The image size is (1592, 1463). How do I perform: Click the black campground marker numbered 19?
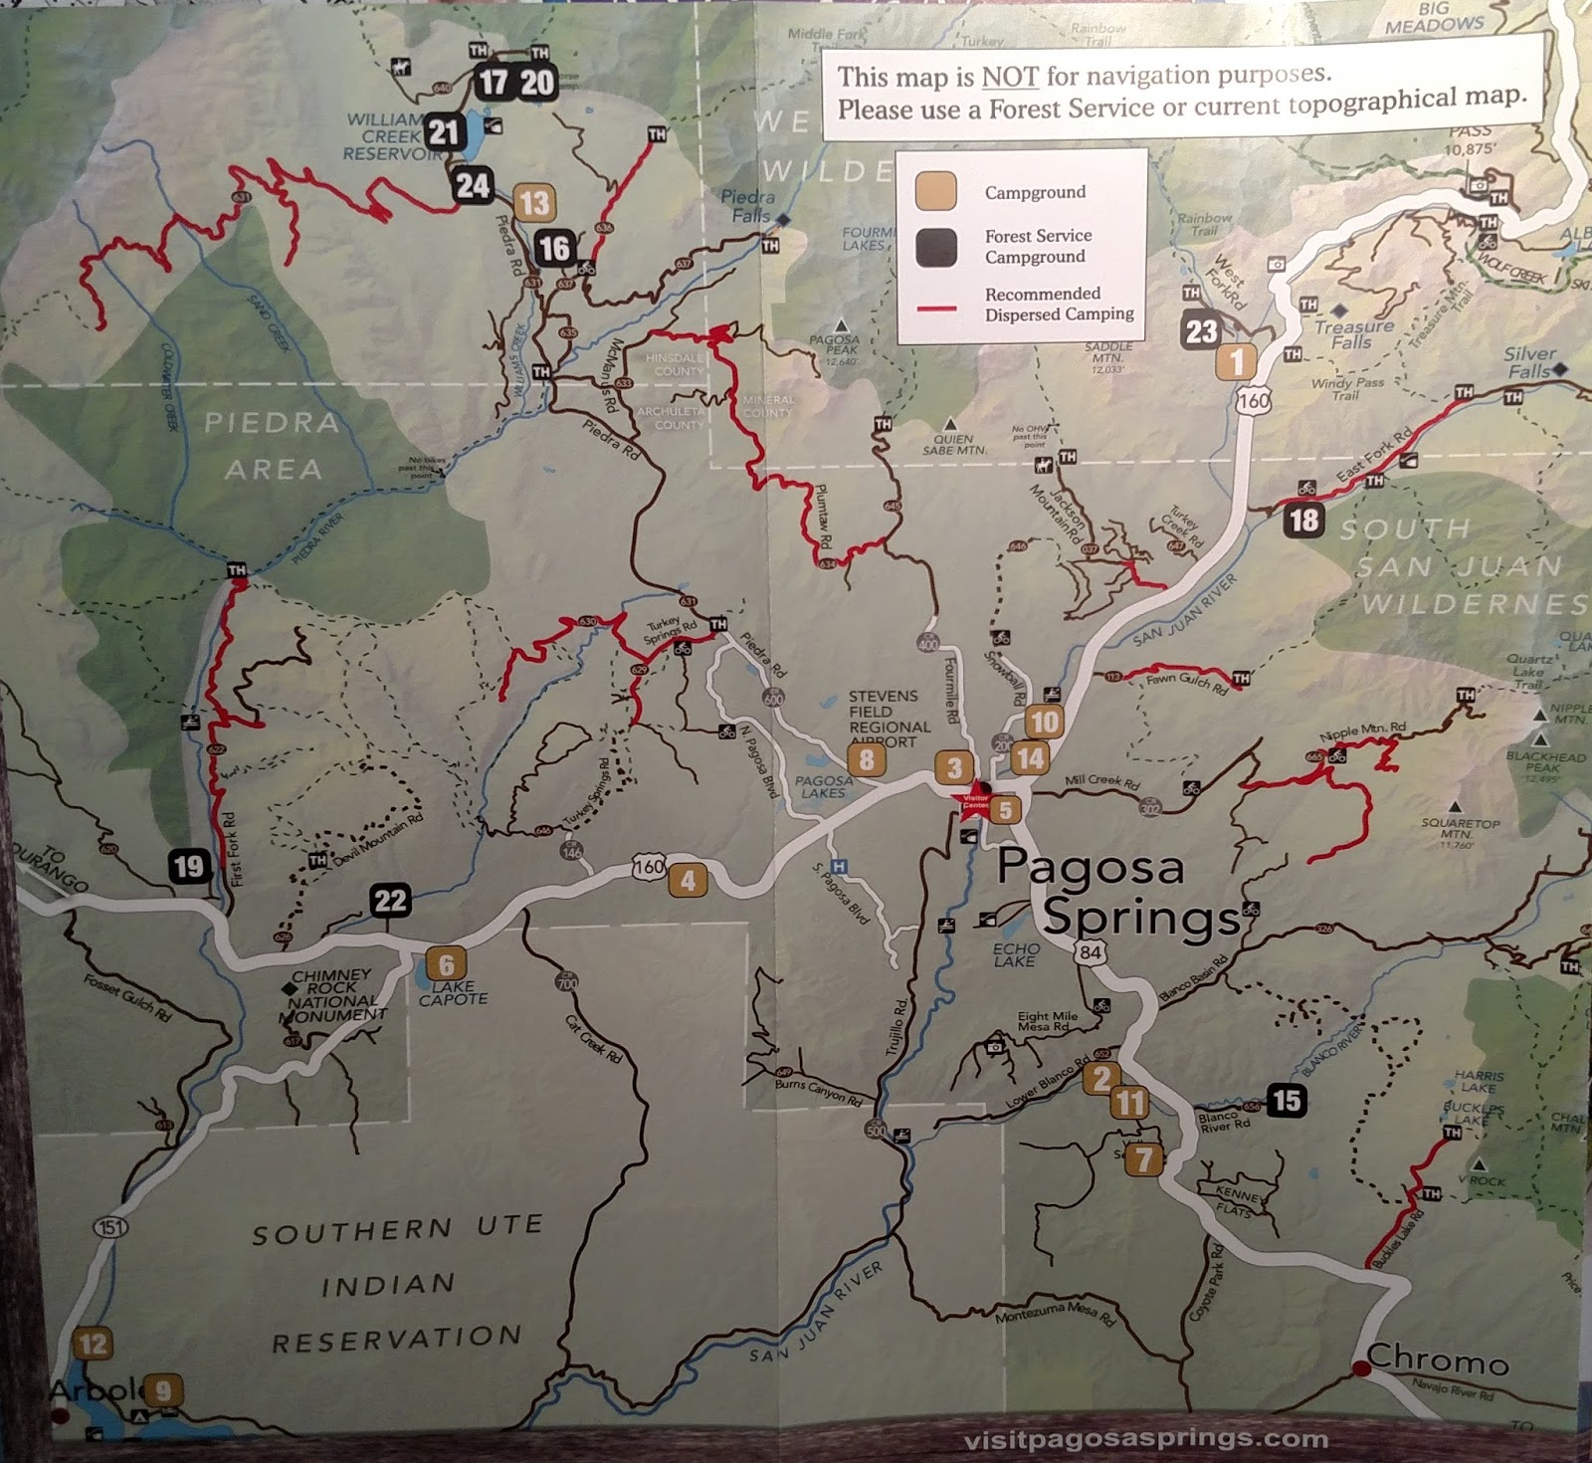pos(189,867)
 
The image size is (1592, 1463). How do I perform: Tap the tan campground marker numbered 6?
pos(446,963)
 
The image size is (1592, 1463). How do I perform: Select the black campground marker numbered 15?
pos(1286,1100)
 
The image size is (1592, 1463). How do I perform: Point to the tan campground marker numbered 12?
pos(93,1345)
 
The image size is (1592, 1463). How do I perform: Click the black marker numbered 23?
pos(1201,330)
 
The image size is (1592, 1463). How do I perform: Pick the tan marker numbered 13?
pos(534,203)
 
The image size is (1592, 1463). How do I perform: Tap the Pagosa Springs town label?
pos(1114,892)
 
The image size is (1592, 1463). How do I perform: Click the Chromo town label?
pos(1437,1358)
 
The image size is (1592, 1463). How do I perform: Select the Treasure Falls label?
pos(1353,334)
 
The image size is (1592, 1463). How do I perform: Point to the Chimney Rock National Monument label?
pos(334,995)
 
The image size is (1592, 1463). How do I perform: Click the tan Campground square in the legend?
pos(936,191)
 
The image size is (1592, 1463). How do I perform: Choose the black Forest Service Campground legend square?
pos(936,247)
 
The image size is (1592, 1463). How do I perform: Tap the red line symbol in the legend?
pos(936,309)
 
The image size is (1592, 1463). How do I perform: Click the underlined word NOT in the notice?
pos(1009,77)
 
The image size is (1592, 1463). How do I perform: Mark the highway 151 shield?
pos(110,1227)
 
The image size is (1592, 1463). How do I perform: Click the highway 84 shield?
pos(1091,952)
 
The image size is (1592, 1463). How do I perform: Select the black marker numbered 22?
pos(390,901)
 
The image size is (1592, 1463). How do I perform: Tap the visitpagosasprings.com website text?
pos(1145,1438)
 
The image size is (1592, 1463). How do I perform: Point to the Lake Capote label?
pos(453,992)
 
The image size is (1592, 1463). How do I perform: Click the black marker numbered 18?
pos(1302,520)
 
